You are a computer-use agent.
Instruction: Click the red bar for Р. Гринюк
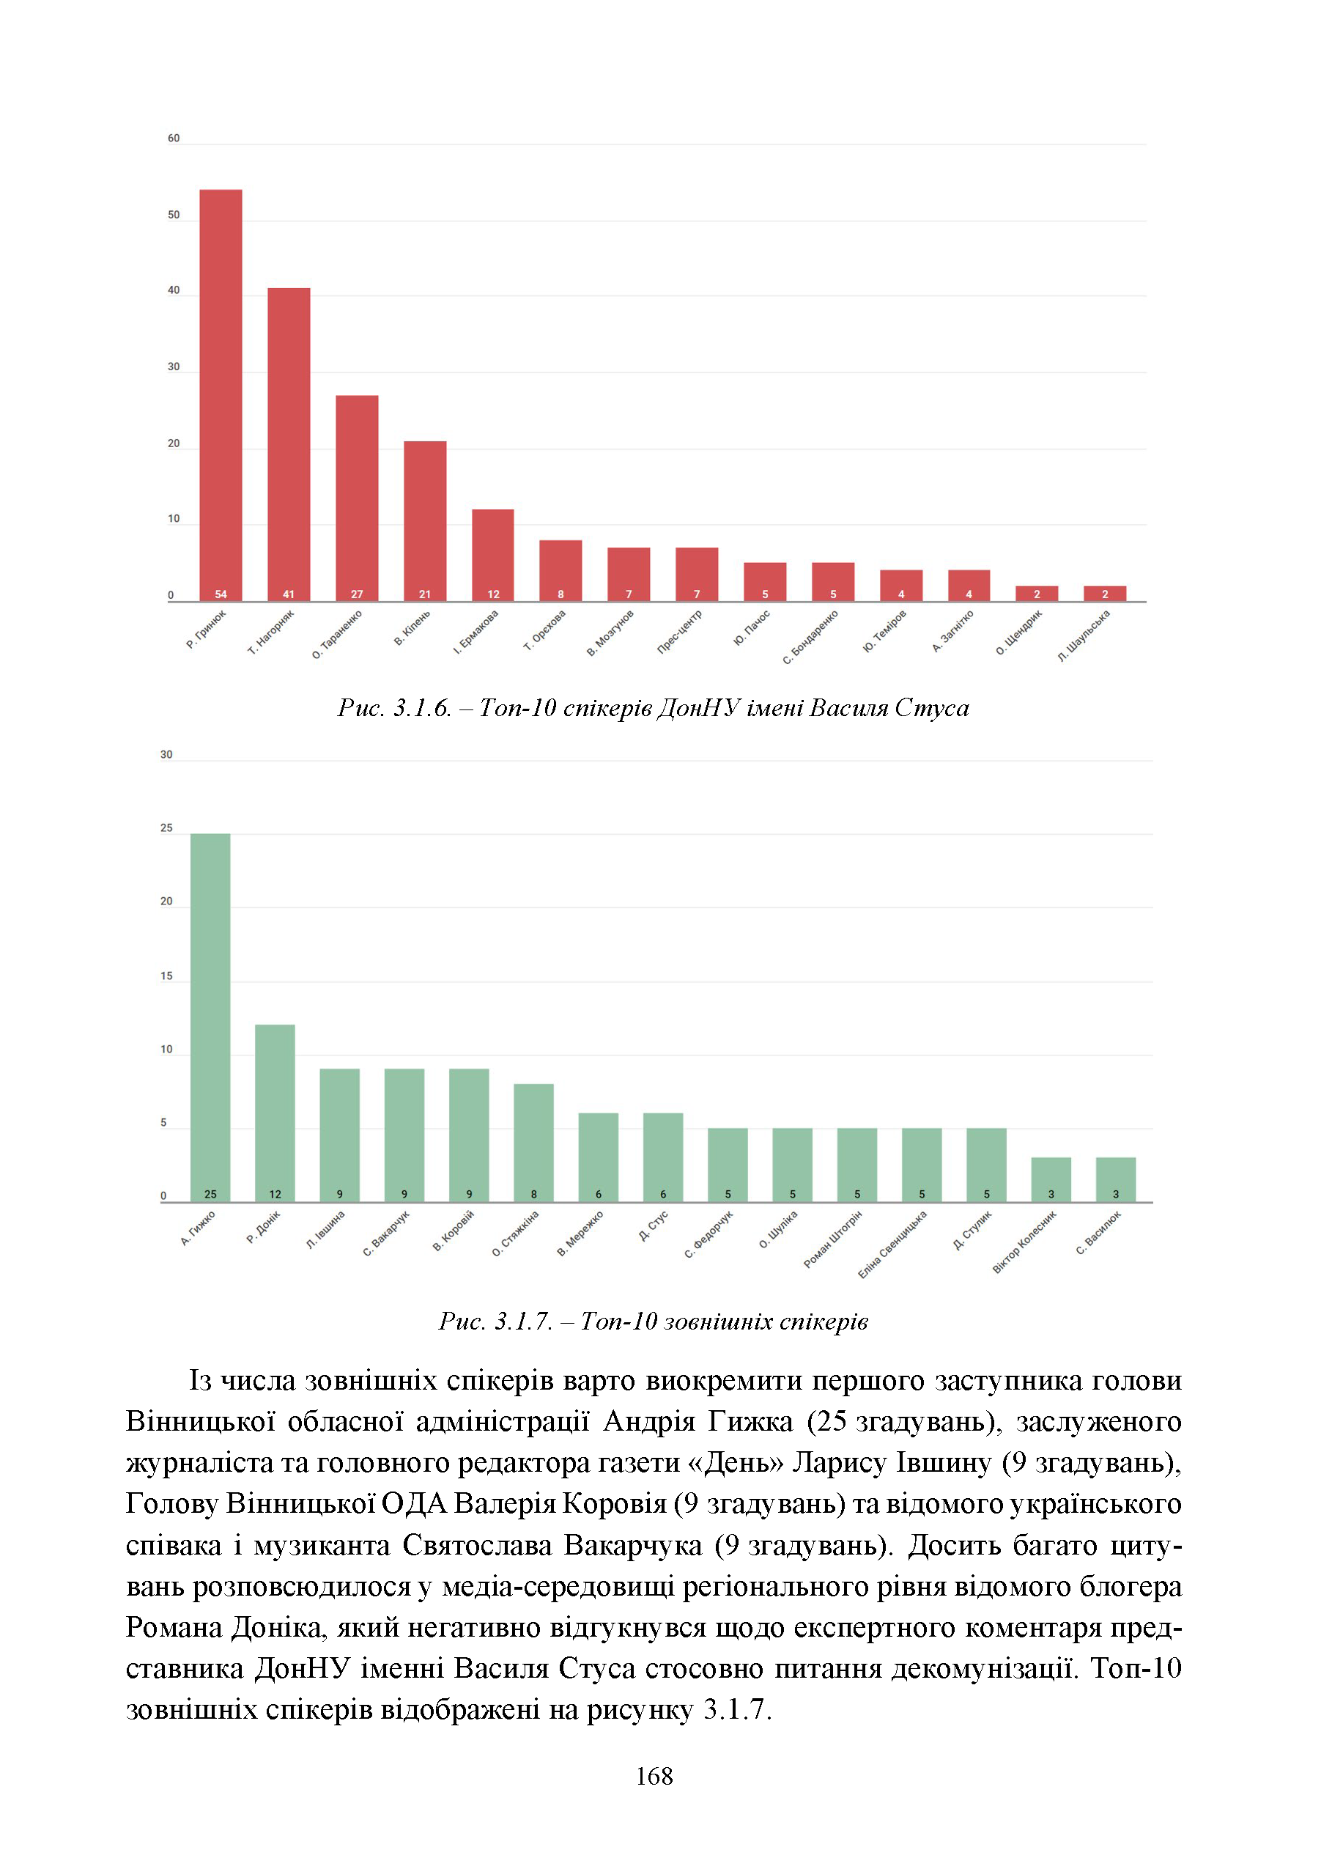[221, 396]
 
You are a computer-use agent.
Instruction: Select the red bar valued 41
[289, 446]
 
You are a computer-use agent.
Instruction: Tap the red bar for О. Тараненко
[357, 499]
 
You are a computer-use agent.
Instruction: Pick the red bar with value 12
[493, 556]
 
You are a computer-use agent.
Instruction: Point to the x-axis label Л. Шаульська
[1084, 635]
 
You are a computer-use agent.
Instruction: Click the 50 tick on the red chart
[174, 215]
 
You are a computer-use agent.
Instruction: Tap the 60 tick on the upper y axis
[174, 139]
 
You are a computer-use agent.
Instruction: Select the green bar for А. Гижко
[210, 1017]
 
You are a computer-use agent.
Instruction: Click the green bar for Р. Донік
[275, 1113]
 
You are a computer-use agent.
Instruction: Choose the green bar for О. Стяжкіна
[534, 1143]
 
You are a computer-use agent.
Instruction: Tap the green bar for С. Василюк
[1116, 1179]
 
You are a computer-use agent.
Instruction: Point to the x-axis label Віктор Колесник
[1025, 1242]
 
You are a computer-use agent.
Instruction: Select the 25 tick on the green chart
[167, 828]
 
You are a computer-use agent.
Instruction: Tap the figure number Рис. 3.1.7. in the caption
[496, 1321]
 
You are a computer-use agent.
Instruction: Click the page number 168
[654, 1777]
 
